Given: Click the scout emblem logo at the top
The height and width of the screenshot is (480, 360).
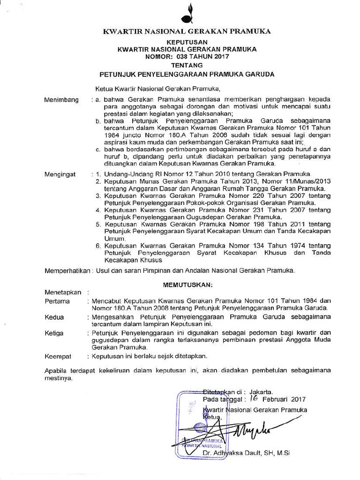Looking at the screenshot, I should click(x=189, y=14).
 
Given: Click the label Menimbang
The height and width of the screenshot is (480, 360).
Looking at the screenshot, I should click(x=61, y=100).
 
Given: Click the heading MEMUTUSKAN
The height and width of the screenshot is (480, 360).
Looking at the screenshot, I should click(x=187, y=285).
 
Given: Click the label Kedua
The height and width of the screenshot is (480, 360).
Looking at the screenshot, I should click(x=54, y=317).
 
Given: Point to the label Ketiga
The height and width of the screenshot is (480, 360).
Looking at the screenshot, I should click(x=54, y=333).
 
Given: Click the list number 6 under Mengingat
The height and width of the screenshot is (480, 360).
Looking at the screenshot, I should click(x=98, y=245).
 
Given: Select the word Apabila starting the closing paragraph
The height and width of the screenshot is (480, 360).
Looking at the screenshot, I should click(x=56, y=370).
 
